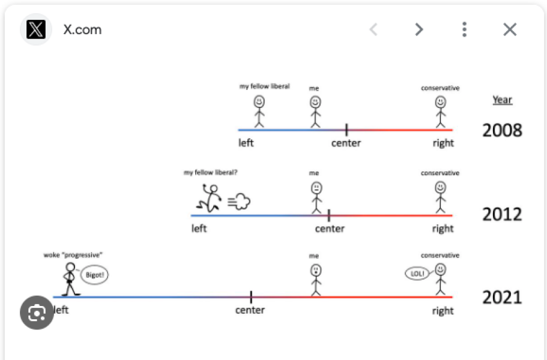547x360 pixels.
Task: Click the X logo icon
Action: point(36,29)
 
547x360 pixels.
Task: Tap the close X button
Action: point(510,29)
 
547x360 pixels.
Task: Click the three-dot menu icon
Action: point(464,29)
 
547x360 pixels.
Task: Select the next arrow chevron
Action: point(419,29)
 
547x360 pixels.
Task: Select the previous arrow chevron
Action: point(373,29)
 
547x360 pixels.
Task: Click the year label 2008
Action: point(502,130)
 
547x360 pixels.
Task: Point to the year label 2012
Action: point(502,214)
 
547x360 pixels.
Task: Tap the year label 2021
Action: point(502,298)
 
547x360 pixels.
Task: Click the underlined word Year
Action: point(503,100)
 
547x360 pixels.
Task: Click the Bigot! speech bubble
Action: point(95,275)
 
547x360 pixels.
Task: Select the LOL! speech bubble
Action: point(417,274)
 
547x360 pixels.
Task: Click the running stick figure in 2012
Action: point(211,198)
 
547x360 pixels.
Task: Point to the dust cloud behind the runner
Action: point(240,202)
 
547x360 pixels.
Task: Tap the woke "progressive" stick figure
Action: point(70,278)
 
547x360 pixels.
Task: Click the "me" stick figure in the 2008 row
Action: point(316,112)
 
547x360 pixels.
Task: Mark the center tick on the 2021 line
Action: point(250,296)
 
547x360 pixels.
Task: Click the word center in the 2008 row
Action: point(346,143)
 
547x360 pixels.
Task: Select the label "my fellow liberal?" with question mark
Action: point(211,173)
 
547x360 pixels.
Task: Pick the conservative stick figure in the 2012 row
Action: point(440,197)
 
